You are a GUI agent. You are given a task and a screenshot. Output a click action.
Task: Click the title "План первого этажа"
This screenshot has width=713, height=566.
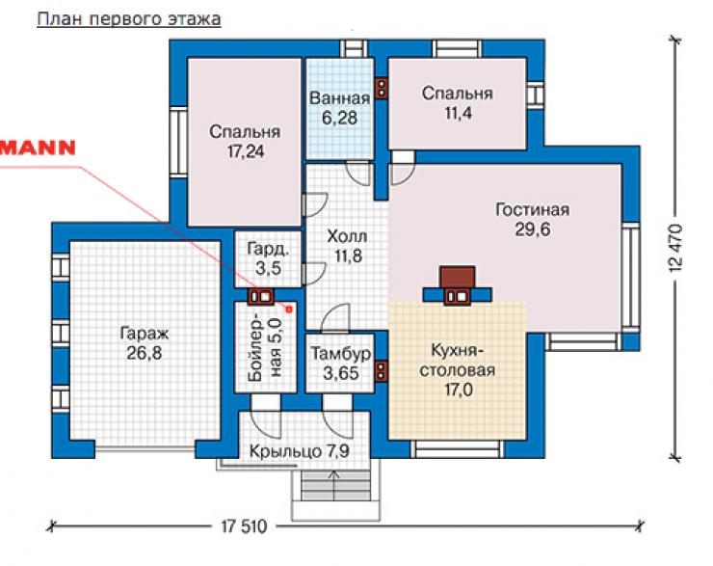[x=129, y=19]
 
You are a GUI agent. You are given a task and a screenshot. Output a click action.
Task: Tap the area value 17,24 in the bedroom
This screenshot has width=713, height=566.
[x=246, y=151]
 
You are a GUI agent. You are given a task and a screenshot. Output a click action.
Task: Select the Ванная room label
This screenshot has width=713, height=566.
[x=339, y=97]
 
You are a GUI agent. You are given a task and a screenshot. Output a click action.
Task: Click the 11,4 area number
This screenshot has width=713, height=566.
[x=458, y=113]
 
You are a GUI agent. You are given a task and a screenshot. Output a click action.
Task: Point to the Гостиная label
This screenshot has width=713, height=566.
[x=532, y=209]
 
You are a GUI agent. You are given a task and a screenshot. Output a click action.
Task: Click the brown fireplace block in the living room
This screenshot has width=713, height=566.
[x=457, y=278]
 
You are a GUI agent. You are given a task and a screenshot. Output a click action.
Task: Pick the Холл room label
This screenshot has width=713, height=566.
[x=347, y=236]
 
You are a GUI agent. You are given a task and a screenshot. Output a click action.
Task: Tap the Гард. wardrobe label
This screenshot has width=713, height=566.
[x=268, y=249]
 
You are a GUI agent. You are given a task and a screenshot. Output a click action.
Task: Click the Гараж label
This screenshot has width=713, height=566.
[x=145, y=334]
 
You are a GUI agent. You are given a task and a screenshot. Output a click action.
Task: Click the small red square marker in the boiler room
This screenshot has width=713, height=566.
[x=288, y=310]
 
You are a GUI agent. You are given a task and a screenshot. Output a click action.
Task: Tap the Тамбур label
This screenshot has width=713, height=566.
[x=340, y=354]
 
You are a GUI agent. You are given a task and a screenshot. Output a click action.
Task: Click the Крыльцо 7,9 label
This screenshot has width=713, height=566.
[x=300, y=451]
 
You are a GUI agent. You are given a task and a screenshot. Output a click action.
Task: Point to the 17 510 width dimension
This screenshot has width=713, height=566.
[x=244, y=526]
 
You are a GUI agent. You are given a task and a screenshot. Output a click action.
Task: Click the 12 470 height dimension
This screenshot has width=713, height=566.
[x=676, y=248]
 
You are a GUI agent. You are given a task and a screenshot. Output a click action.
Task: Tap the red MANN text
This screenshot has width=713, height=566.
[x=38, y=148]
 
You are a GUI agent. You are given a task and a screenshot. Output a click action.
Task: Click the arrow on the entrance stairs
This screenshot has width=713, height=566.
[x=334, y=486]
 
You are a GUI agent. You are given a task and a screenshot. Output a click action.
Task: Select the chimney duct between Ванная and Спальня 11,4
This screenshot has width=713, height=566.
[x=382, y=89]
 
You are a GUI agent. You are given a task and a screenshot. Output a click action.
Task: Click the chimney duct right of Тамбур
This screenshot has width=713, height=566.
[x=381, y=370]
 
